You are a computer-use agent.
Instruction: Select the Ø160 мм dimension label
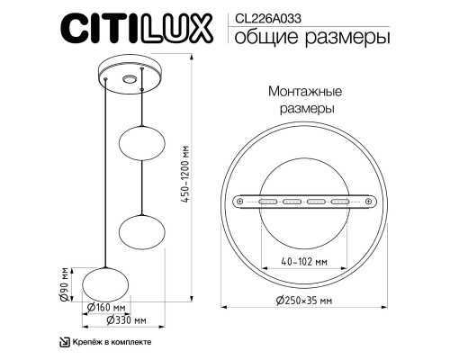point(106,307)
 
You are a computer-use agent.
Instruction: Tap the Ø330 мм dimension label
point(125,319)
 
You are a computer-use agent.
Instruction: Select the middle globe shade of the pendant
point(142,232)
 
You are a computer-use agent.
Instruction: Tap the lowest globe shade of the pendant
point(106,283)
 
